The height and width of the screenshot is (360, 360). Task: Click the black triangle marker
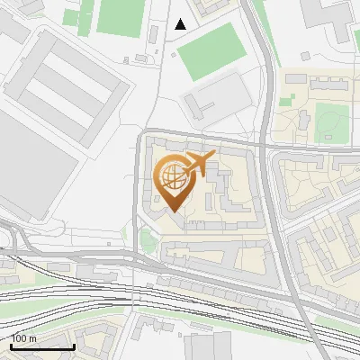[x=181, y=24]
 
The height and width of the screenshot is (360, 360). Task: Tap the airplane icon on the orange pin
[x=198, y=163]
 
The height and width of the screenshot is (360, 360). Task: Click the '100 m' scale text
[x=23, y=338]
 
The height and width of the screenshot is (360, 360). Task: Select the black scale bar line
[x=42, y=346]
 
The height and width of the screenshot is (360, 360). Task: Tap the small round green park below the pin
[x=148, y=240]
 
